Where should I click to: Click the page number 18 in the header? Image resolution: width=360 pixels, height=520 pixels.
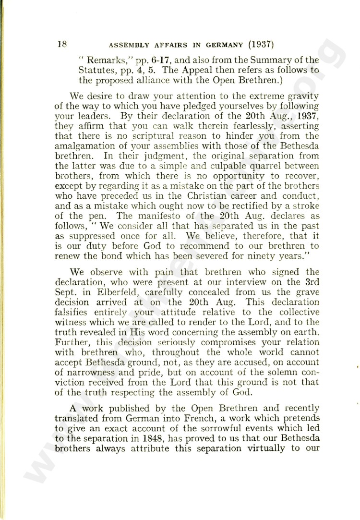click(x=62, y=44)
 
